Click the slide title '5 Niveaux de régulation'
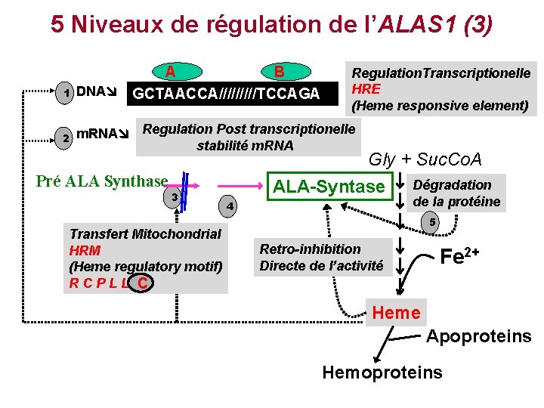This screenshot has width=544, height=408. coord(272,24)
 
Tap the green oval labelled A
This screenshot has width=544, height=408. coord(172,72)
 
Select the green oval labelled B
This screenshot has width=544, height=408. coord(279,72)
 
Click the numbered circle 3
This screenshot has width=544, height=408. coord(175,197)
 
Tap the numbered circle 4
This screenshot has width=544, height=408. coord(231,206)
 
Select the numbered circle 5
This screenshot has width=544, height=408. coord(432,222)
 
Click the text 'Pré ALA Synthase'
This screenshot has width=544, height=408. coord(102,181)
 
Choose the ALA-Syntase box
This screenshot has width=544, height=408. coord(329,186)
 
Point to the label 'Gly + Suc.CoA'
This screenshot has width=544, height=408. coord(425,159)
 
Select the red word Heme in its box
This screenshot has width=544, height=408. coord(397,312)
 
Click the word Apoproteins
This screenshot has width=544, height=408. coord(479,336)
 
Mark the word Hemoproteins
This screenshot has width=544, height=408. coord(382,372)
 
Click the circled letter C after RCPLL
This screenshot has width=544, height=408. coord(142,283)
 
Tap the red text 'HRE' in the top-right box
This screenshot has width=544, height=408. coord(365,88)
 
